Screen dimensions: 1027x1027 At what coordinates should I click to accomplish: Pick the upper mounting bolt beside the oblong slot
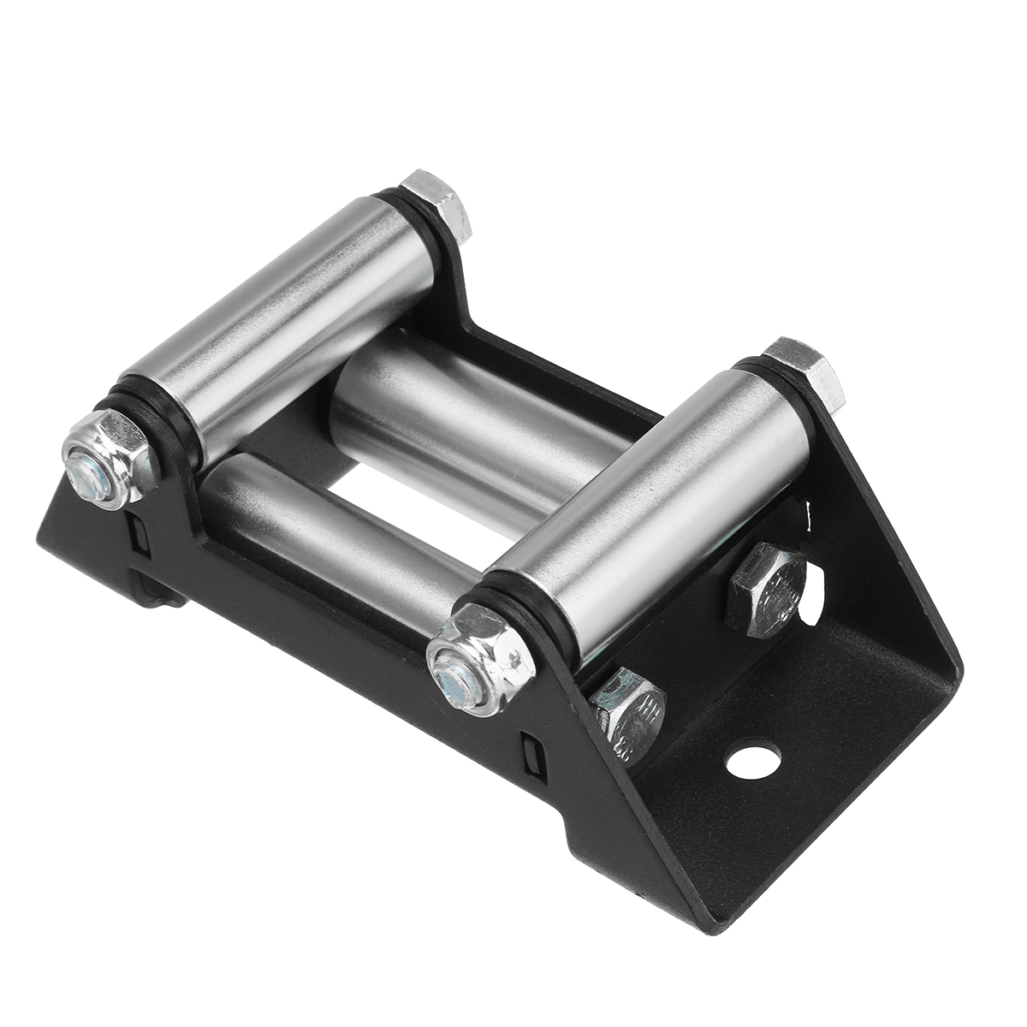point(764,591)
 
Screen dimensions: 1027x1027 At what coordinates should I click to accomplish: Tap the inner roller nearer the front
point(325,522)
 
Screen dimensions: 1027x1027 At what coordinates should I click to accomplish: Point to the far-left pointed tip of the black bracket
point(38,537)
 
